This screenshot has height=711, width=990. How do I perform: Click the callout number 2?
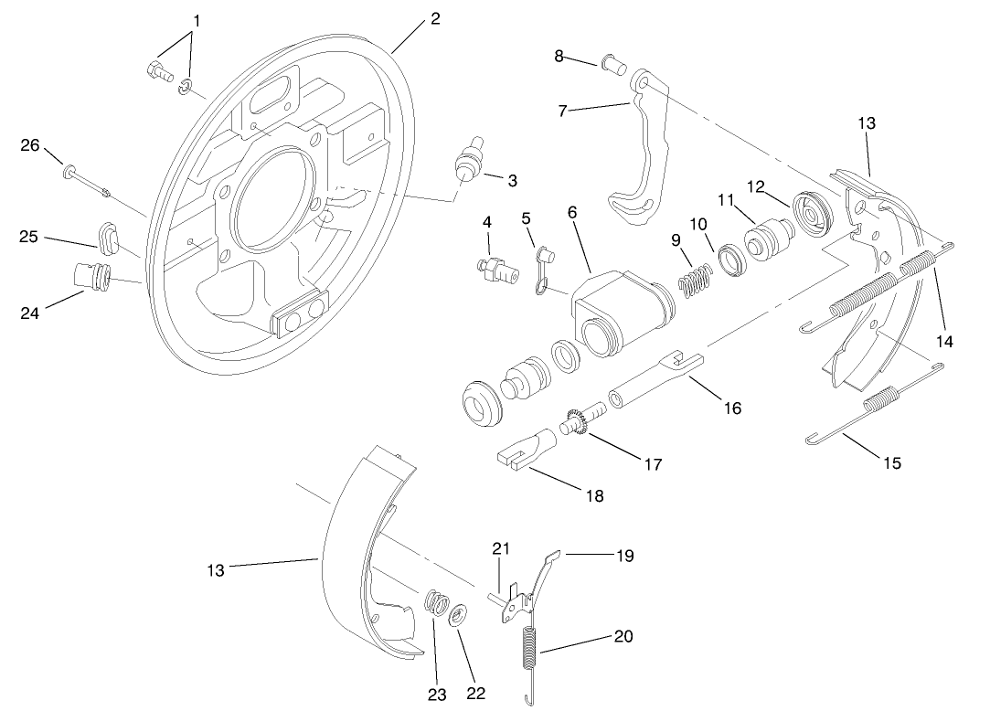pyautogui.click(x=435, y=18)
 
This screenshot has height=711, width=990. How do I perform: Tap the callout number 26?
pyautogui.click(x=31, y=144)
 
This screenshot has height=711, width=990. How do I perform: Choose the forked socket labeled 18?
pyautogui.click(x=525, y=451)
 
